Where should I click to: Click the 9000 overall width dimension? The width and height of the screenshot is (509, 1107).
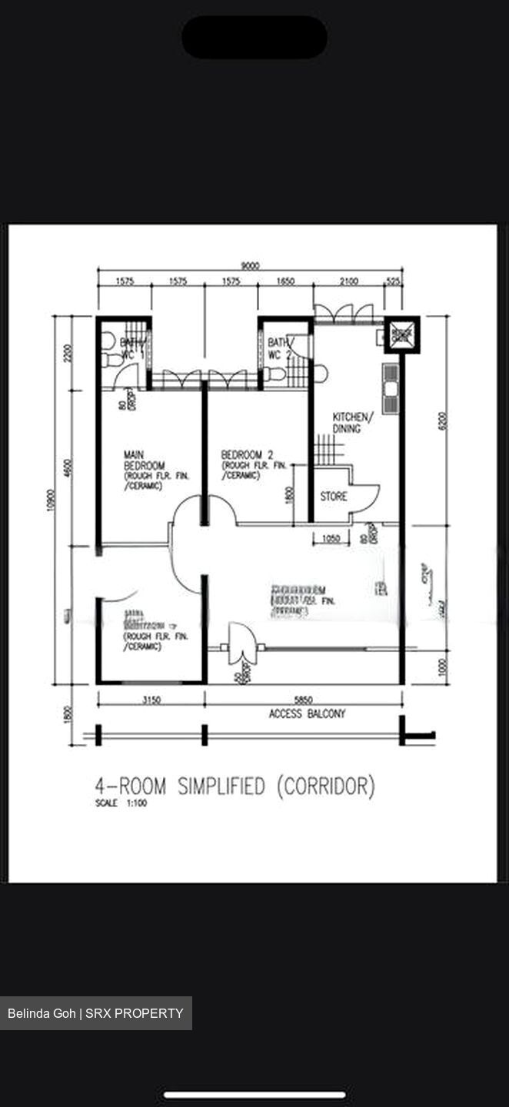tap(249, 266)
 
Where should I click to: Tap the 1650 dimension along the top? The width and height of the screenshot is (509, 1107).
tap(284, 281)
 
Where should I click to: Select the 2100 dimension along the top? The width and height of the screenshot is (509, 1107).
tap(348, 281)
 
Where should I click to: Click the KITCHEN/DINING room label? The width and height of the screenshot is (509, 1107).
tap(353, 422)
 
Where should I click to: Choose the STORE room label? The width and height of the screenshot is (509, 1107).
tap(333, 497)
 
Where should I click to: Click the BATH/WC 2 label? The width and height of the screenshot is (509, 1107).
tap(279, 348)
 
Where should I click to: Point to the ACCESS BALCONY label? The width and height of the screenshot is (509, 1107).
tap(307, 714)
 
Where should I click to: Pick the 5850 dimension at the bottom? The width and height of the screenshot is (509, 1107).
tap(303, 700)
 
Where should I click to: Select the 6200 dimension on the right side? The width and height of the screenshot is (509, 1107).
tap(442, 421)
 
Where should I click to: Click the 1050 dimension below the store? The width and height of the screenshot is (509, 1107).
tap(331, 539)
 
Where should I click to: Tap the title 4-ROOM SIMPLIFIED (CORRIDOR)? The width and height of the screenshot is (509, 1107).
tap(235, 786)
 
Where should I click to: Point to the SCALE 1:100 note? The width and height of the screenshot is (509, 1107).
tap(121, 803)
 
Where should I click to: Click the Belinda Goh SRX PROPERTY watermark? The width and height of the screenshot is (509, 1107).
tap(95, 1013)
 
